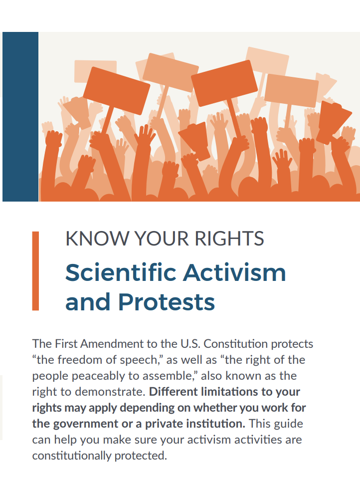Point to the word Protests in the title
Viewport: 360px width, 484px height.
(x=167, y=302)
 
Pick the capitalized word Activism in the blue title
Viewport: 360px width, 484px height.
(x=235, y=272)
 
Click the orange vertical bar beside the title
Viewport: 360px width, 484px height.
(x=35, y=271)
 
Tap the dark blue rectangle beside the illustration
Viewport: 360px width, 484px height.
(x=20, y=117)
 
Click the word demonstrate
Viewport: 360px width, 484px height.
(x=110, y=392)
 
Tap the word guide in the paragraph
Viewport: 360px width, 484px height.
(x=288, y=424)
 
